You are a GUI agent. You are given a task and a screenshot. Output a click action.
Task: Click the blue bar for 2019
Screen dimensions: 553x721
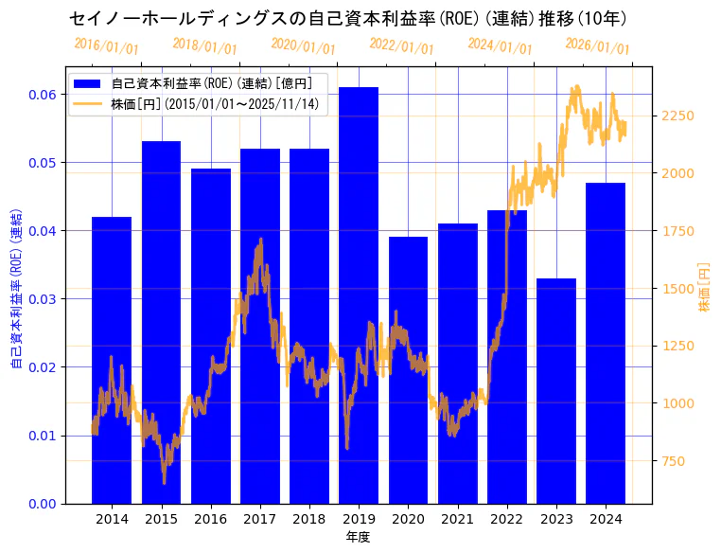[359, 294]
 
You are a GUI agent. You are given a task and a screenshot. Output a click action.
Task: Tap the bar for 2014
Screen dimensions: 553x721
[112, 360]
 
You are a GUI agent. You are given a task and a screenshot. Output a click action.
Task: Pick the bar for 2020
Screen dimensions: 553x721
[408, 369]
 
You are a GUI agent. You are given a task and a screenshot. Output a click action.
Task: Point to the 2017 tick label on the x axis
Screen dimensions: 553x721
[259, 519]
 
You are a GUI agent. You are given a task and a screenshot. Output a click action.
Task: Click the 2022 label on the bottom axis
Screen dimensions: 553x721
[506, 519]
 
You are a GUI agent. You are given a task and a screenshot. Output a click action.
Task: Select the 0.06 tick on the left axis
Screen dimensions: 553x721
[42, 94]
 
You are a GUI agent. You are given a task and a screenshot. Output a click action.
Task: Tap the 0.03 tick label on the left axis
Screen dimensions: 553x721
[42, 298]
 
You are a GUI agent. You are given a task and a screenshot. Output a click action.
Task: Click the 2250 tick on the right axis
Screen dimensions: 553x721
[681, 116]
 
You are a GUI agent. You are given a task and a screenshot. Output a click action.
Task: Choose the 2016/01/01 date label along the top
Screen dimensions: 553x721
[106, 45]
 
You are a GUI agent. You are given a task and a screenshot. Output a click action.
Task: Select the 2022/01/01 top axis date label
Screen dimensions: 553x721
[401, 45]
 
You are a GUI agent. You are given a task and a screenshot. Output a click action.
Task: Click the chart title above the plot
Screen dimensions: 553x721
[348, 18]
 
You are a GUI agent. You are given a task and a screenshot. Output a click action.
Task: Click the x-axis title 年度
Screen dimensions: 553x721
[358, 537]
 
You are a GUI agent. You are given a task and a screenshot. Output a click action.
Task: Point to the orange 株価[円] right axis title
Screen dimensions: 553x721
[704, 287]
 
